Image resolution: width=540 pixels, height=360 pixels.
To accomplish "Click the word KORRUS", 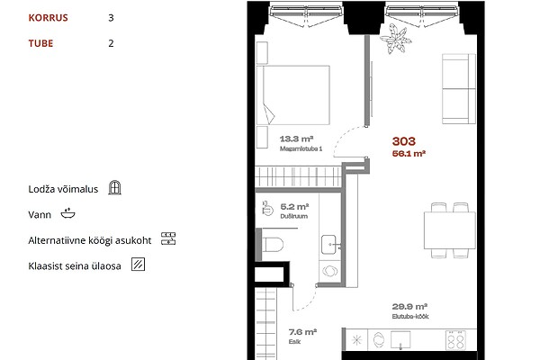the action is pos(48,18).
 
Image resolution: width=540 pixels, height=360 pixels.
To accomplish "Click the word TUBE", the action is pos(40,43).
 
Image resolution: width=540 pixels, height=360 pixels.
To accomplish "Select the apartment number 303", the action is pos(404,141).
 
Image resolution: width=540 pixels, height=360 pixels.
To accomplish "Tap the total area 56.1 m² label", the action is pos(409,154).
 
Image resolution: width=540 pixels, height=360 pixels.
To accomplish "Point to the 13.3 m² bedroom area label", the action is pos(296,139).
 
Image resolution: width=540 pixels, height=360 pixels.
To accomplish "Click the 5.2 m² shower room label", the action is pos(294,207).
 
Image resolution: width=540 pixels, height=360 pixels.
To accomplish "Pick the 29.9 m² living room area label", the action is pos(409,307).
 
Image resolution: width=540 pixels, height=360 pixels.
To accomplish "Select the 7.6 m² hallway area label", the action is pos(302,332).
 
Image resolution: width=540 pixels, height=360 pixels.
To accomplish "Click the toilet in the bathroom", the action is pos(273,245).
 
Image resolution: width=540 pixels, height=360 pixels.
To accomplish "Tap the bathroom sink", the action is pos(329,245).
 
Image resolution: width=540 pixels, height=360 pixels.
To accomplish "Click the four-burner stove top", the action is pos(455,340).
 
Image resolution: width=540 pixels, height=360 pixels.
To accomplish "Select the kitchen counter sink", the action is pos(400,340).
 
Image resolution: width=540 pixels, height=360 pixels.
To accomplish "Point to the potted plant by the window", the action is pos(396,39).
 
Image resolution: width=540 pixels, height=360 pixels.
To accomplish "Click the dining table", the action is pos(449,230).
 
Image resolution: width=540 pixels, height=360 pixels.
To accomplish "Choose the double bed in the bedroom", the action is pos(293,94).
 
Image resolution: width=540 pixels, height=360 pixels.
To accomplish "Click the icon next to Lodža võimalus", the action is pos(114,188).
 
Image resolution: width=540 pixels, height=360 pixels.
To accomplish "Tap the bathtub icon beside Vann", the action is pos(67,213).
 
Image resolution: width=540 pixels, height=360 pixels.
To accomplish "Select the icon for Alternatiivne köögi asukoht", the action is pos(168,238).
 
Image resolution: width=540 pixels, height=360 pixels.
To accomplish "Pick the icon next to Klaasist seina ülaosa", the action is pos(138,265).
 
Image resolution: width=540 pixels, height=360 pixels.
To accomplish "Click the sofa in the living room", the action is pos(459,88).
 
